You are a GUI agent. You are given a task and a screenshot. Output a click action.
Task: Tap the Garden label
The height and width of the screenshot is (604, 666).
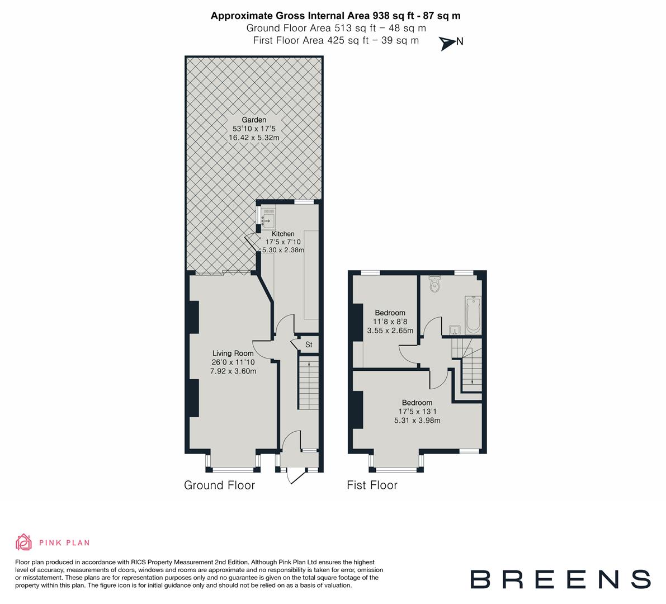pos(253,120)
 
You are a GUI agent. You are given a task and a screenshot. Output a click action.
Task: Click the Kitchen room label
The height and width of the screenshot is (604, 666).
pos(283,234)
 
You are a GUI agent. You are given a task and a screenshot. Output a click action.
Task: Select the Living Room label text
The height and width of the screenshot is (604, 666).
pos(233,353)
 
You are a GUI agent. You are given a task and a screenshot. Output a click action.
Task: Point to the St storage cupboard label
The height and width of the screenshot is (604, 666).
pos(308,345)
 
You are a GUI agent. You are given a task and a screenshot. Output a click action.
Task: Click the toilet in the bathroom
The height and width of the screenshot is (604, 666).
pos(434,284)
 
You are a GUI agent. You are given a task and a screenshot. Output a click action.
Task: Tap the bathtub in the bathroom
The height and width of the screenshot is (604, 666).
pos(473,315)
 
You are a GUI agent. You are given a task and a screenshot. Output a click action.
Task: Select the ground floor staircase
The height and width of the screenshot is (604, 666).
pos(307,385)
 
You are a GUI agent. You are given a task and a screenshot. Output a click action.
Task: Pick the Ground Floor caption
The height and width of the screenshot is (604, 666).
pos(219,485)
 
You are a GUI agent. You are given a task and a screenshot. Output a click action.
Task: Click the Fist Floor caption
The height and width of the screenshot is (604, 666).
pos(372,485)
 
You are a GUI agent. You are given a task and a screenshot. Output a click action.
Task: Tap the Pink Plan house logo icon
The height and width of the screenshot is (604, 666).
pos(24,542)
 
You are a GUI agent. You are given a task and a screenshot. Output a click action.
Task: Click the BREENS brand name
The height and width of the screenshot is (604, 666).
pos(560,579)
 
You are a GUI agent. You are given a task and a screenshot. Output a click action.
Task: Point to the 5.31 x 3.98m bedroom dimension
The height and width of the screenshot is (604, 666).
pos(417,421)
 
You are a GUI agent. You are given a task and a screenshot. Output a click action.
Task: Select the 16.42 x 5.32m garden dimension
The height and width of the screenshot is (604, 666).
pos(253,137)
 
